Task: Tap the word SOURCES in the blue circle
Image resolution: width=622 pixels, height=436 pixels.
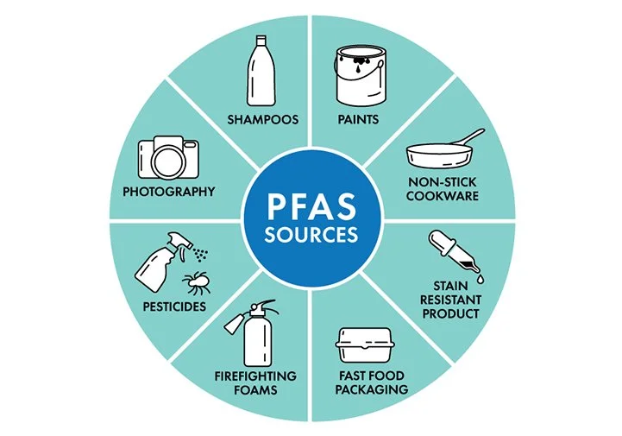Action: click(x=311, y=235)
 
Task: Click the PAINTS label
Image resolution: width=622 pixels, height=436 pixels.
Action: click(x=360, y=119)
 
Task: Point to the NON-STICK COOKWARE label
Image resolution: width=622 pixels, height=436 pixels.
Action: click(x=443, y=189)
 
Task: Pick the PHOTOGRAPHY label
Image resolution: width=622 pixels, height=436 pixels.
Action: click(x=169, y=191)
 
